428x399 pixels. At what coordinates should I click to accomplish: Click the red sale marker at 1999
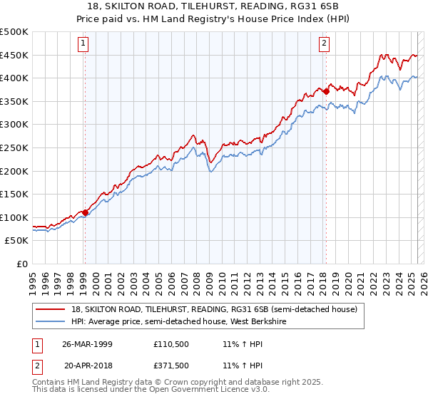click(x=85, y=212)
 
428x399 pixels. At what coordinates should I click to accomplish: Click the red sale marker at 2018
click(x=326, y=91)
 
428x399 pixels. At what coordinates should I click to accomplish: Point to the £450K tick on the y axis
click(x=14, y=56)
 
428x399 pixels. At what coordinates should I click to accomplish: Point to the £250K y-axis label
click(x=14, y=148)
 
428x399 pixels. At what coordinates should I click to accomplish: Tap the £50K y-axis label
click(x=17, y=241)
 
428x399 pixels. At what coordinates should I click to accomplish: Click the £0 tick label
click(x=23, y=264)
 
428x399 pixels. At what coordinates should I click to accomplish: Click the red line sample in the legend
click(x=51, y=309)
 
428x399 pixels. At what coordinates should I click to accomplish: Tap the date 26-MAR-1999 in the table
click(x=87, y=343)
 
